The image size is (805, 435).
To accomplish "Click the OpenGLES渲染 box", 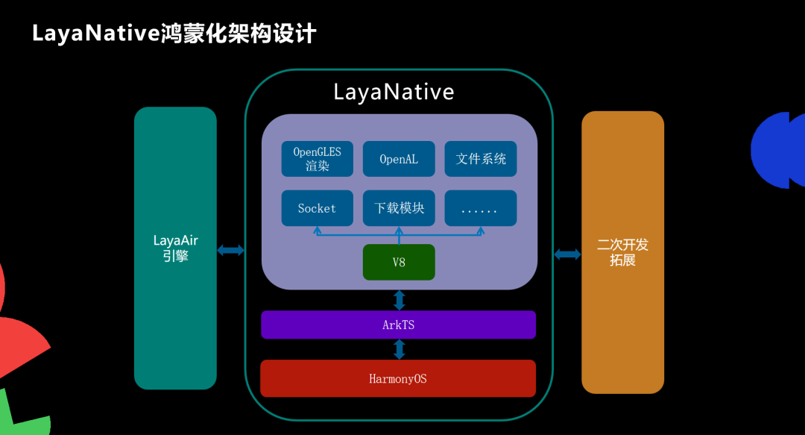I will (x=317, y=158).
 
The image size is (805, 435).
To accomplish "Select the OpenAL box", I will (x=399, y=158).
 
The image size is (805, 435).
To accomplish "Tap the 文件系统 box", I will (x=481, y=158).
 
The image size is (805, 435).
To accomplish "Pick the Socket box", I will (x=317, y=208).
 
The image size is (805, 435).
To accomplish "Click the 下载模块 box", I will (x=399, y=208).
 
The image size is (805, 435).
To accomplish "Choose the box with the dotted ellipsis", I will (x=481, y=208).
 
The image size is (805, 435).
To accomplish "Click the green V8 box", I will (x=399, y=262).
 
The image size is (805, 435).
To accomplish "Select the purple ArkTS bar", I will (x=399, y=325).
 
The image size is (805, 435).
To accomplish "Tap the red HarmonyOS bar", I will (x=399, y=378).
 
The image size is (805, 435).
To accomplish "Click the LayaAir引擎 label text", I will (x=175, y=248).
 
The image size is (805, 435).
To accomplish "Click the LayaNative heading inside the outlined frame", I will (x=394, y=92).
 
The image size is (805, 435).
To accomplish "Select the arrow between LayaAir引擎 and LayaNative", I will (x=231, y=251).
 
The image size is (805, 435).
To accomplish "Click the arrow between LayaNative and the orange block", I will (x=567, y=254).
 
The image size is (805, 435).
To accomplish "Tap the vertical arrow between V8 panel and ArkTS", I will (x=400, y=300).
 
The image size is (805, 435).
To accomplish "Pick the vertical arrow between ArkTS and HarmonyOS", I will (x=400, y=348).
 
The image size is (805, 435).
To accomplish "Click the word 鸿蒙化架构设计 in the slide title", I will (x=239, y=34).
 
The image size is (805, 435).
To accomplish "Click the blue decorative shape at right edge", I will (x=779, y=150).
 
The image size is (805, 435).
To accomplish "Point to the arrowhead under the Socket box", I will (x=318, y=231).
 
